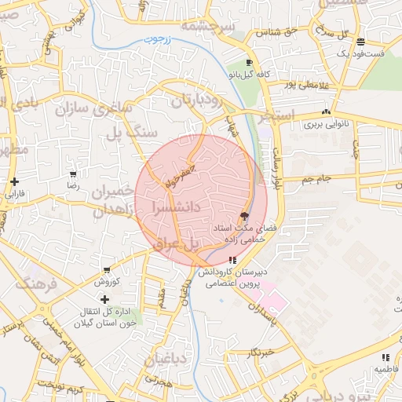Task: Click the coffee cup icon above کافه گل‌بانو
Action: (249, 62)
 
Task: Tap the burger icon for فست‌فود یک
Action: (360, 42)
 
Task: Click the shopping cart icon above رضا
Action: (74, 174)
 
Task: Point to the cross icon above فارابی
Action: (15, 181)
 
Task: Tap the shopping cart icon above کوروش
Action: (106, 269)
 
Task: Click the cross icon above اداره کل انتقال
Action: (105, 299)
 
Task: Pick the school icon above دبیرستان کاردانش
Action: (232, 260)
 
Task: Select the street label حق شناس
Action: (265, 32)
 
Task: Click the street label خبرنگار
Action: (258, 353)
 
